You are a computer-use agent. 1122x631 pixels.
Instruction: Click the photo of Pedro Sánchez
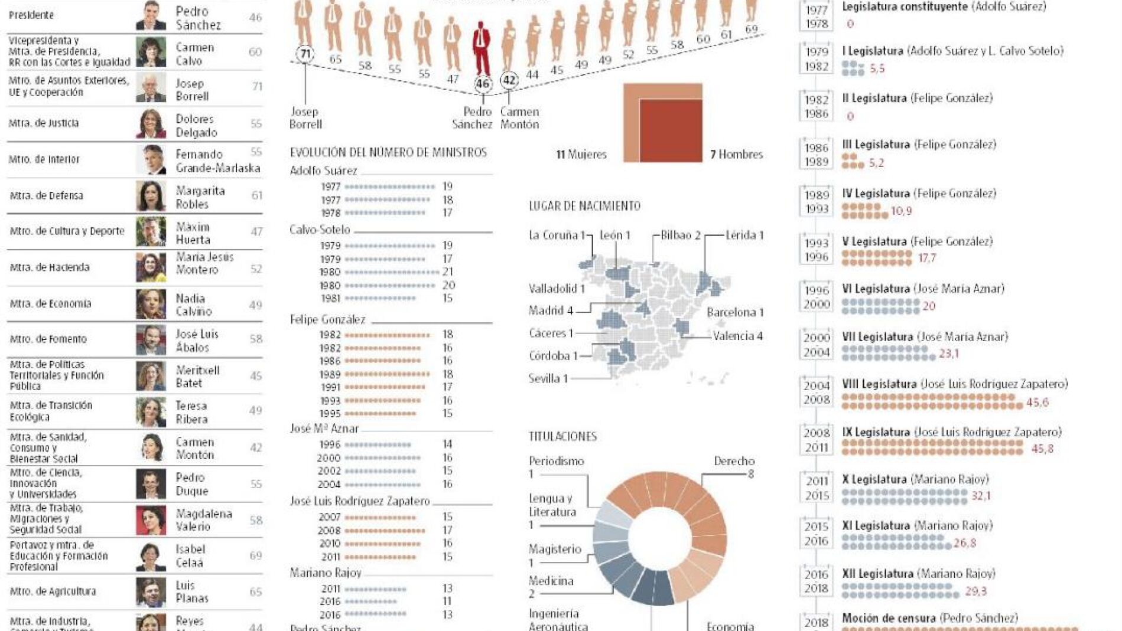coord(151,16)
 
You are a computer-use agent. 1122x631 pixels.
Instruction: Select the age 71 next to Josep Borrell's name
coord(257,87)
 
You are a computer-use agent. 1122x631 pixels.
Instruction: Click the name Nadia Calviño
coord(193,305)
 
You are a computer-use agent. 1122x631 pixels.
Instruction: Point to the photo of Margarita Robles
coord(151,196)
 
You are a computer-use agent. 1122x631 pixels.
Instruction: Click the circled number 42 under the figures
coord(509,80)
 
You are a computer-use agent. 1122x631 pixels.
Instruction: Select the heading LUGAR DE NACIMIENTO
coord(584,206)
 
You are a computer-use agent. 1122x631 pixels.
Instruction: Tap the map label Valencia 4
coord(737,336)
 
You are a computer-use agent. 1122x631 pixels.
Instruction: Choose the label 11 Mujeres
coord(581,155)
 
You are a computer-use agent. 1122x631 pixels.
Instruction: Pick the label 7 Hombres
coord(736,155)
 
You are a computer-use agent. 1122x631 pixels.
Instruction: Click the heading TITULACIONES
coord(562,436)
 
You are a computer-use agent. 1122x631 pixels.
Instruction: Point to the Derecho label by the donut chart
coord(734,461)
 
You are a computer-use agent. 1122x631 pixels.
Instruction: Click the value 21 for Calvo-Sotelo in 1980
coord(448,272)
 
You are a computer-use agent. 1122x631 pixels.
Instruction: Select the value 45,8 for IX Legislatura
coord(1042,449)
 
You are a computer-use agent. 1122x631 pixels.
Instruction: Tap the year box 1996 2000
coord(817,297)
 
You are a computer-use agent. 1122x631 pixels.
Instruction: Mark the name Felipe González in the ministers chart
coord(327,319)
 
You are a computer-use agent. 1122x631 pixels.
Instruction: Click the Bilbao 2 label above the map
coord(680,235)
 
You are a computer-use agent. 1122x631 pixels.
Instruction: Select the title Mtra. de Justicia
coord(44,123)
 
